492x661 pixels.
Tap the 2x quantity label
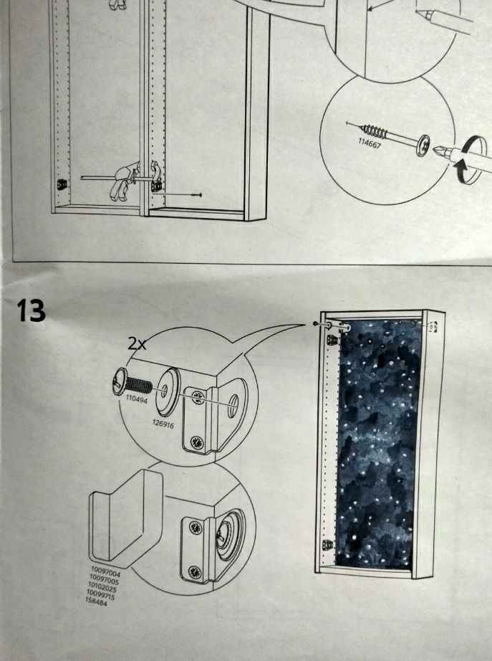pyautogui.click(x=138, y=343)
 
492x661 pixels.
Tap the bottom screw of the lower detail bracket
pyautogui.click(x=193, y=571)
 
